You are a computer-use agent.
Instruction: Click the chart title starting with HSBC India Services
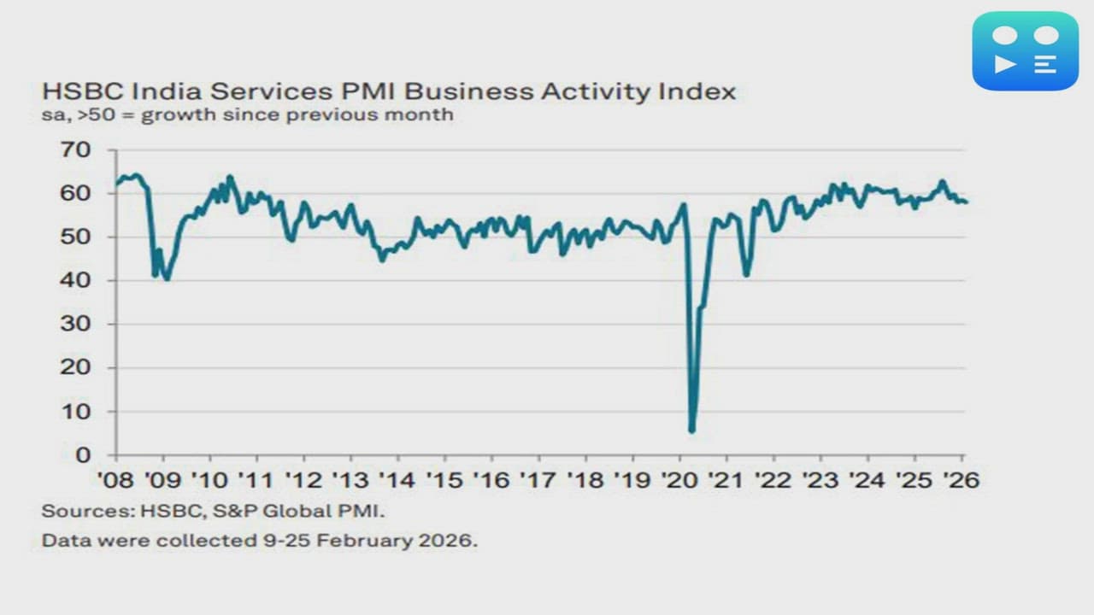(x=388, y=91)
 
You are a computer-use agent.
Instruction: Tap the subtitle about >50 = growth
(x=247, y=114)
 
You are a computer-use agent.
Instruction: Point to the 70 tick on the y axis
(x=76, y=150)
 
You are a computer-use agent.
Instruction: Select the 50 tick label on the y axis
(x=76, y=237)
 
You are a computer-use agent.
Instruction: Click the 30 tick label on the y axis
(x=76, y=325)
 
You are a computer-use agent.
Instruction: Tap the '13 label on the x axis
(x=350, y=480)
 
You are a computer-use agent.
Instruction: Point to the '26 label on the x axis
(x=961, y=480)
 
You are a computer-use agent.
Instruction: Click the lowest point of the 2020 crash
(x=691, y=430)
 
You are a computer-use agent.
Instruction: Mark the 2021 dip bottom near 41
(x=746, y=274)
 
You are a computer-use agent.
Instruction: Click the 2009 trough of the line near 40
(x=167, y=278)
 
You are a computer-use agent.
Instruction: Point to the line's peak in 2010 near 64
(x=229, y=177)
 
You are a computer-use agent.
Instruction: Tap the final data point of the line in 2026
(x=965, y=202)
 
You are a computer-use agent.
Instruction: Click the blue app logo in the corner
(x=1025, y=50)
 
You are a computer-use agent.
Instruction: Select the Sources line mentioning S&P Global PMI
(x=214, y=512)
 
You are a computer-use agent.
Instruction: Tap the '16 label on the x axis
(x=491, y=480)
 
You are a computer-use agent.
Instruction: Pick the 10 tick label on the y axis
(x=76, y=412)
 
